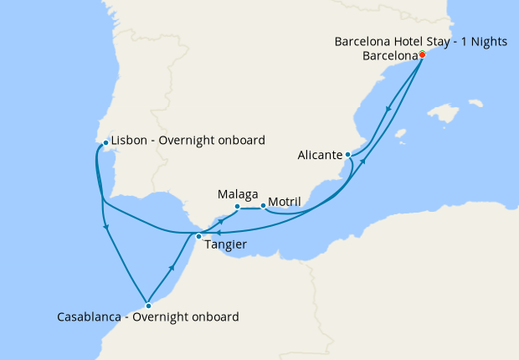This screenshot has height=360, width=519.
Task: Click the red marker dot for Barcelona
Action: (x=422, y=54)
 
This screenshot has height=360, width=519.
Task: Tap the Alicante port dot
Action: (x=347, y=155)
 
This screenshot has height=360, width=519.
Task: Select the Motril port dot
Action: (x=263, y=206)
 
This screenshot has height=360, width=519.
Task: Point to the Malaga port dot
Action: (x=237, y=206)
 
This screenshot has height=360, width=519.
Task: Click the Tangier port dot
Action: (x=198, y=236)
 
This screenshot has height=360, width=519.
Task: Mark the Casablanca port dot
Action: (x=147, y=305)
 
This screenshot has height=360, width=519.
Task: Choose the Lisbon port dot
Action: (x=105, y=143)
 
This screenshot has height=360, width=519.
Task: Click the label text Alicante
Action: (x=320, y=155)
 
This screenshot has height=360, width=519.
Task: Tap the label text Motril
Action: (x=285, y=203)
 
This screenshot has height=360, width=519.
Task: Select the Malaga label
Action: (x=237, y=193)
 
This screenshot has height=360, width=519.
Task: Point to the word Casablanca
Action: (x=92, y=317)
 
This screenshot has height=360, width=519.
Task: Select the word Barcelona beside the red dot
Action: (x=390, y=56)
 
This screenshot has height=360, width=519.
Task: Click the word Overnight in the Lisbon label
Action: (x=192, y=140)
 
